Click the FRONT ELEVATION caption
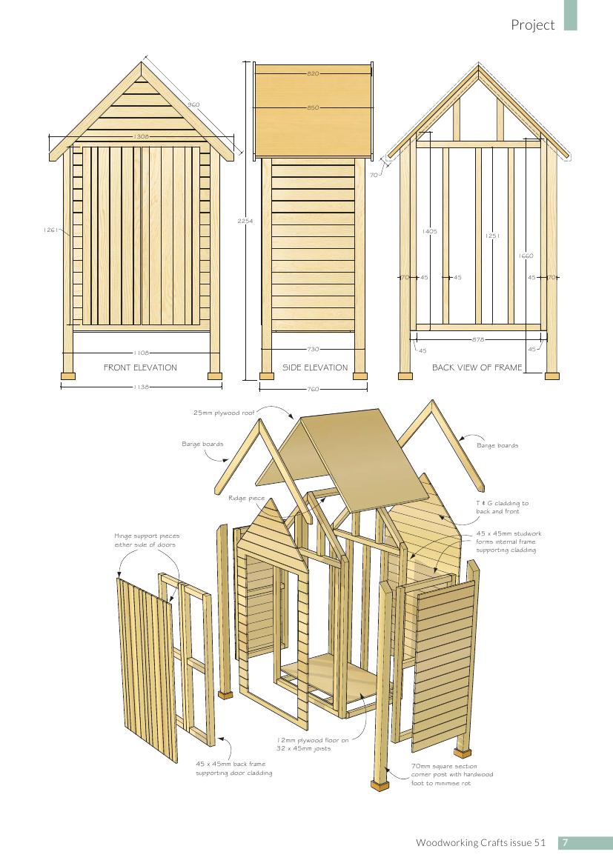coord(140,367)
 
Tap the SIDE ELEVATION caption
coord(315,367)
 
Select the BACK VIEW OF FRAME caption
coord(477,367)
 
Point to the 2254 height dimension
coord(245,221)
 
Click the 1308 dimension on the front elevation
coord(142,136)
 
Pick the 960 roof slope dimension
coord(193,104)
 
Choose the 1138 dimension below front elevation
coord(141,387)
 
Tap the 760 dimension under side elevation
coord(313,390)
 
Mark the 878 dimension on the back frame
coord(478,340)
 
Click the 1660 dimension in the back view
coord(526,256)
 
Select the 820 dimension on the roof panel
coord(313,73)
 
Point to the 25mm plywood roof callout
coord(224,413)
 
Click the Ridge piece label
coord(247,498)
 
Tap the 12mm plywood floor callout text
coord(313,744)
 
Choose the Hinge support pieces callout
coord(147,540)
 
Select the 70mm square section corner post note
coord(452,774)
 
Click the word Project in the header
coord(533,25)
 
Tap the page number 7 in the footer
coord(566,843)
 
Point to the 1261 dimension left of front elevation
coord(50,230)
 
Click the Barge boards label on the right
coord(497,445)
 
